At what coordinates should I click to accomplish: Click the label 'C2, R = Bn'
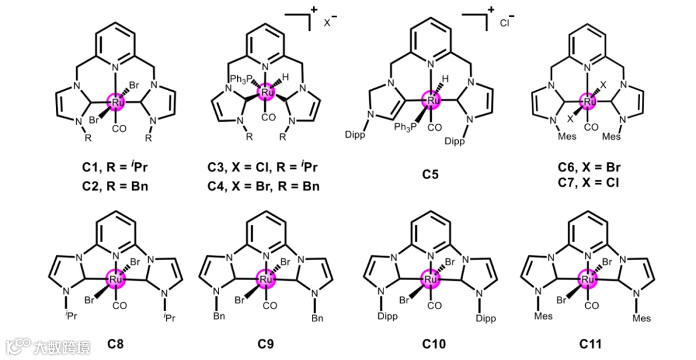click(x=117, y=187)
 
